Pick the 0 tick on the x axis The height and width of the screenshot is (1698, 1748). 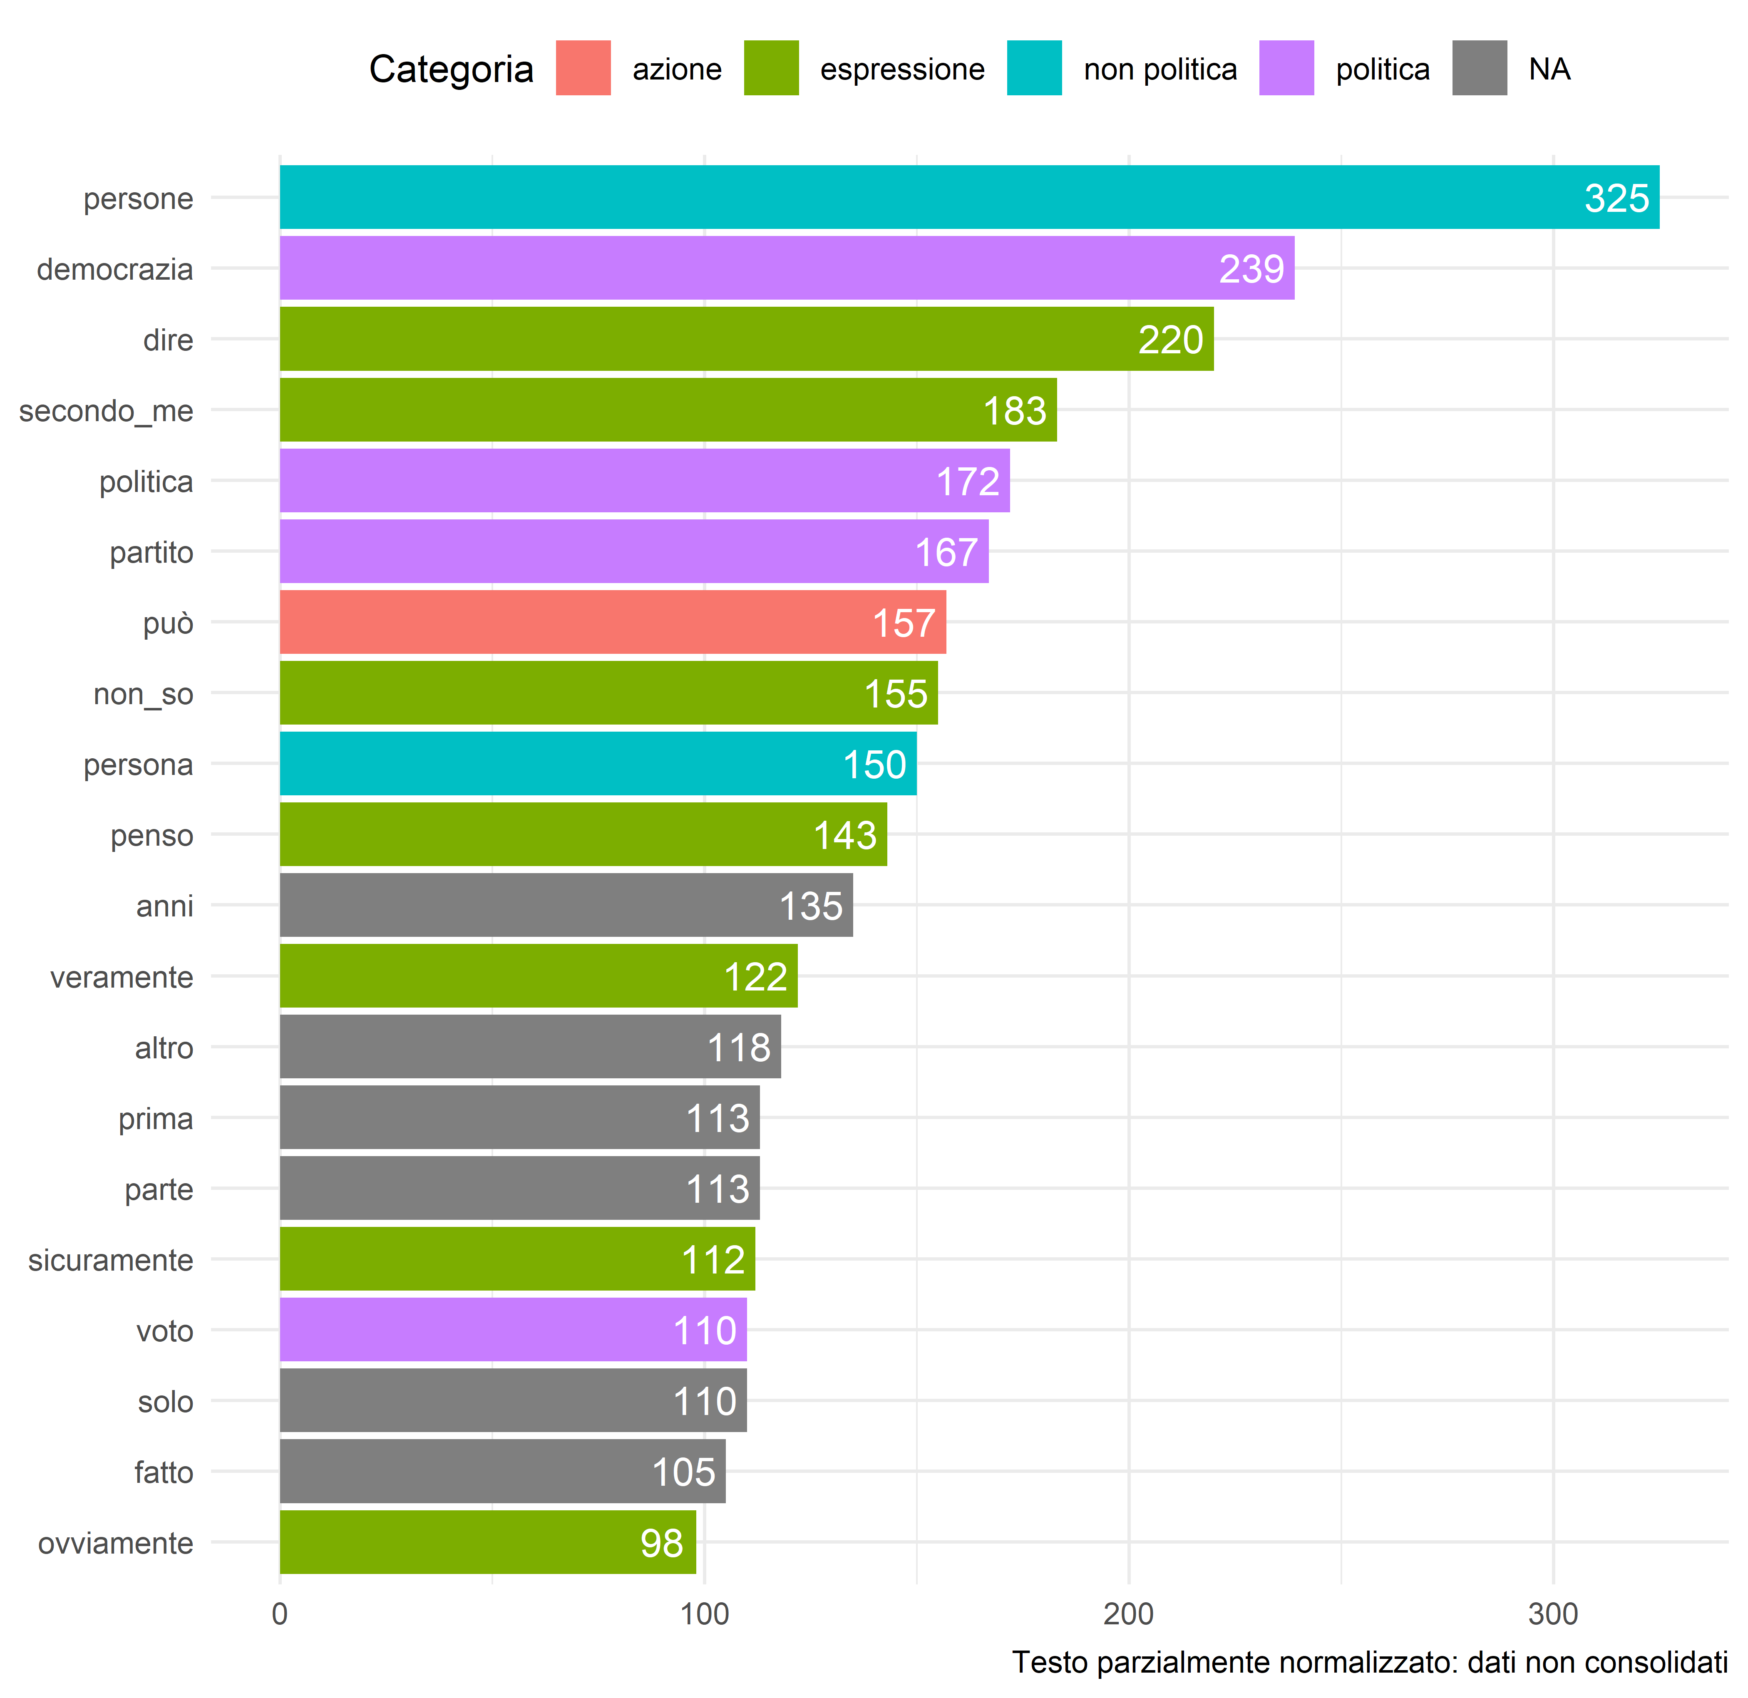tap(280, 1614)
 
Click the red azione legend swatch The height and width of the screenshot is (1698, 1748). tap(583, 68)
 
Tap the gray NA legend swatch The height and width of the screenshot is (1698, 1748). tap(1480, 68)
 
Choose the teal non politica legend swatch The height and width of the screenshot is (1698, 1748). tap(1035, 68)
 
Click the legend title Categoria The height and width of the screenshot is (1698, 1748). tap(451, 69)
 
